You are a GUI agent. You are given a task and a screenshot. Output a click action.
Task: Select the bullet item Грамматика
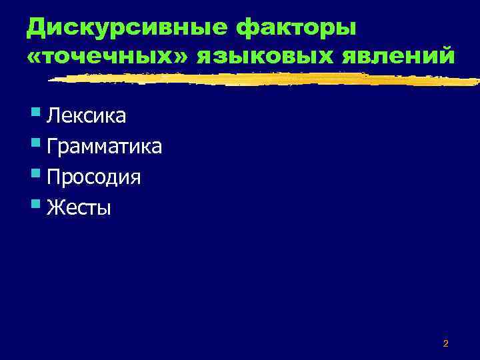[104, 146]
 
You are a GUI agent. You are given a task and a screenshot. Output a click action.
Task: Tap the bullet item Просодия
[93, 177]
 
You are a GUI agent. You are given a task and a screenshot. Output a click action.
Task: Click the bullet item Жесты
[79, 208]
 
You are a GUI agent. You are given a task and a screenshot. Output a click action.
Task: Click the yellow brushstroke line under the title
[267, 79]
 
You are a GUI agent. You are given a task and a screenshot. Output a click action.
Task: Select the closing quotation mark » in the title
[183, 57]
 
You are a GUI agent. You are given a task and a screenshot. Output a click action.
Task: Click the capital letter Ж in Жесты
[55, 208]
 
